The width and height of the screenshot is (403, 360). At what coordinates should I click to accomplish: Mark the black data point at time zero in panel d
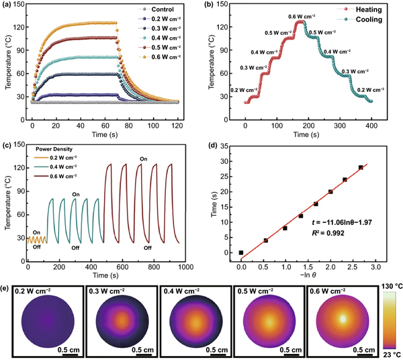pos(241,253)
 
